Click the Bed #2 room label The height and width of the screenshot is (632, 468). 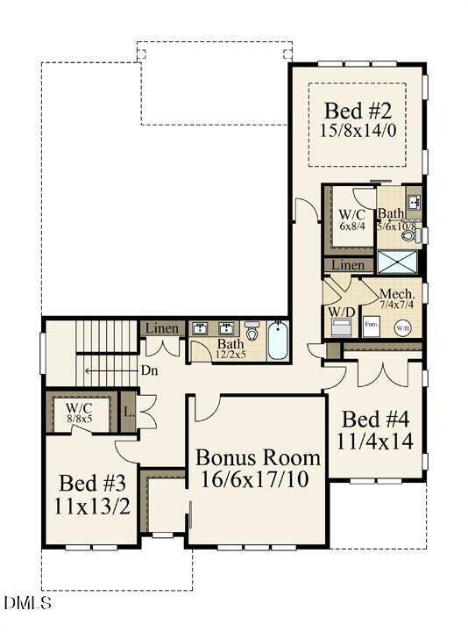click(357, 111)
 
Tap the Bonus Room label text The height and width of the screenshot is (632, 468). click(258, 457)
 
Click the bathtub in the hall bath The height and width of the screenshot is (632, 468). click(277, 341)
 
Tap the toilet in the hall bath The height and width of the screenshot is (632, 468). click(252, 332)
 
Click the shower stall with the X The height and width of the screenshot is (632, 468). click(399, 262)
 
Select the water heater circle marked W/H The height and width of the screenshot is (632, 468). click(403, 328)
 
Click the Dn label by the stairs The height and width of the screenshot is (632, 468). click(150, 370)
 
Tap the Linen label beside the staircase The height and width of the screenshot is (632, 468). click(162, 328)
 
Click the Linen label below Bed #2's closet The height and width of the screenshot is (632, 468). click(349, 265)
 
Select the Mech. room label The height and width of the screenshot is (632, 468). click(395, 294)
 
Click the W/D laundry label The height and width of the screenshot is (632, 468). click(340, 312)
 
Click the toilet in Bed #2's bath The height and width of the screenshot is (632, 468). click(421, 234)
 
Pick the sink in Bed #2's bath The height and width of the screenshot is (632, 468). click(414, 201)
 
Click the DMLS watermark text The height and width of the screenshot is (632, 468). click(28, 603)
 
